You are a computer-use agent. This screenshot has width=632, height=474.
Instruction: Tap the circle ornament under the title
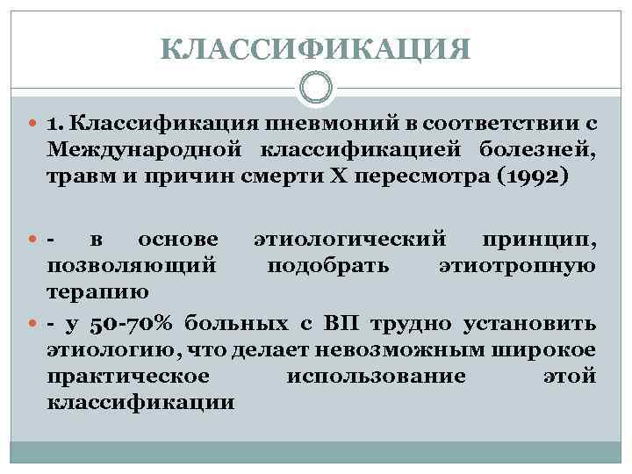(x=316, y=88)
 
